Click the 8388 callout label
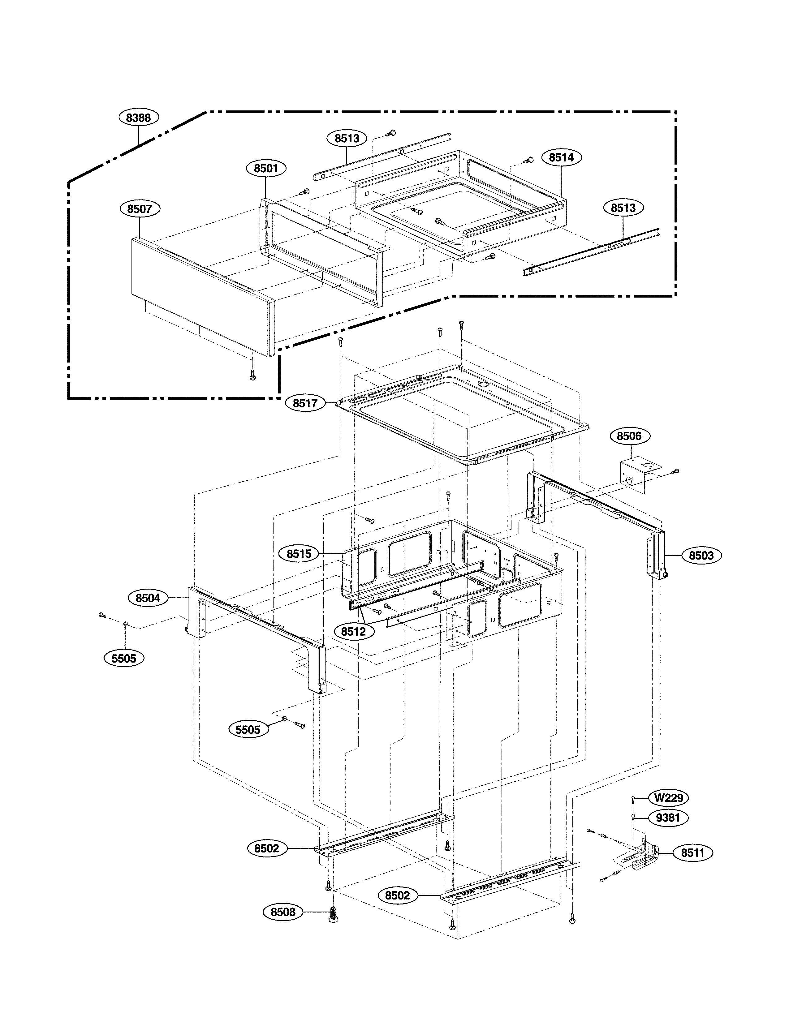[x=139, y=118]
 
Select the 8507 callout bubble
[x=140, y=209]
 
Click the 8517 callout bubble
[x=305, y=403]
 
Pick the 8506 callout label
[x=629, y=436]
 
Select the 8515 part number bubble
[x=299, y=554]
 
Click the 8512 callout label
[x=353, y=632]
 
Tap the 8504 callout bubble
[x=148, y=598]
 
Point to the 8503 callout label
[x=701, y=556]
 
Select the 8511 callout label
[x=692, y=852]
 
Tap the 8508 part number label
[x=283, y=912]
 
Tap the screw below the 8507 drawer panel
[x=253, y=374]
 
